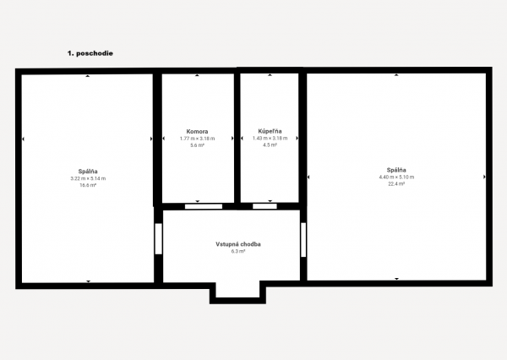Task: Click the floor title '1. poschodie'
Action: (90, 52)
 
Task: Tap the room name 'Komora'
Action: (198, 132)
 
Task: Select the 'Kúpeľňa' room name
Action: (270, 132)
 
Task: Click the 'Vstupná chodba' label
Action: (238, 244)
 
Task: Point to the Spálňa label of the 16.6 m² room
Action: (88, 172)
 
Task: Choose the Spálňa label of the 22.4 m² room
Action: (396, 171)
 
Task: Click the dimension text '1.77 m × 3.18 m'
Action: (198, 139)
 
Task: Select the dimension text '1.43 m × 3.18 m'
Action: (270, 139)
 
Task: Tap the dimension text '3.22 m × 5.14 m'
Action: (88, 178)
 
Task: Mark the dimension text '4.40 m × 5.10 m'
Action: (396, 177)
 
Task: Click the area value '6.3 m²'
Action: (238, 251)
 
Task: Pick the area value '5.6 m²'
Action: (198, 145)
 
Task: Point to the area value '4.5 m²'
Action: (270, 145)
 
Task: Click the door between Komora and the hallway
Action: (204, 205)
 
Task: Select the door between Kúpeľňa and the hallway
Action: (264, 205)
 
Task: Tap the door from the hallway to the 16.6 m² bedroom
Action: (158, 238)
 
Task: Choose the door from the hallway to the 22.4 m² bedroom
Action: (303, 238)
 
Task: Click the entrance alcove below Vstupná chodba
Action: (237, 290)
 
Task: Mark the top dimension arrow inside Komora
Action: (198, 76)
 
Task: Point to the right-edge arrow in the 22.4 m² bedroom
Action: (484, 177)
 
